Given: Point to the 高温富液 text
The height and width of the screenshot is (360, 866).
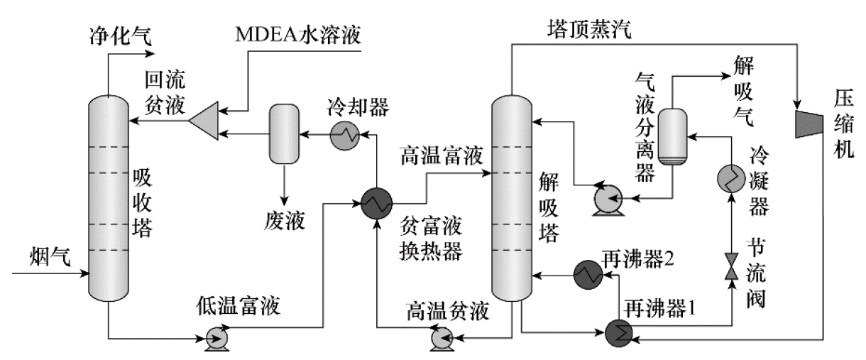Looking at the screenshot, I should click(437, 156).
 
